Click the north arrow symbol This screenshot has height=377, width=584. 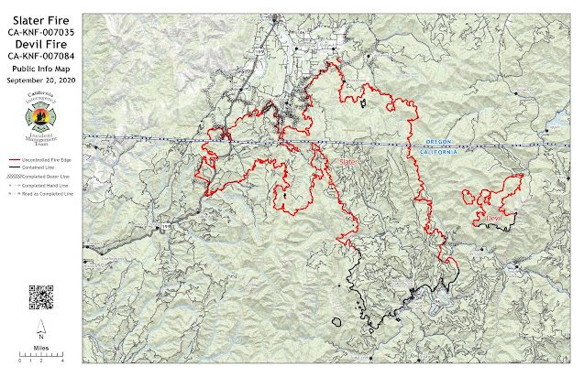click(x=41, y=329)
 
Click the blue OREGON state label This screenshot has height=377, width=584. click(x=439, y=143)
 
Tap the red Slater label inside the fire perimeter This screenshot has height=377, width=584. click(x=348, y=161)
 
